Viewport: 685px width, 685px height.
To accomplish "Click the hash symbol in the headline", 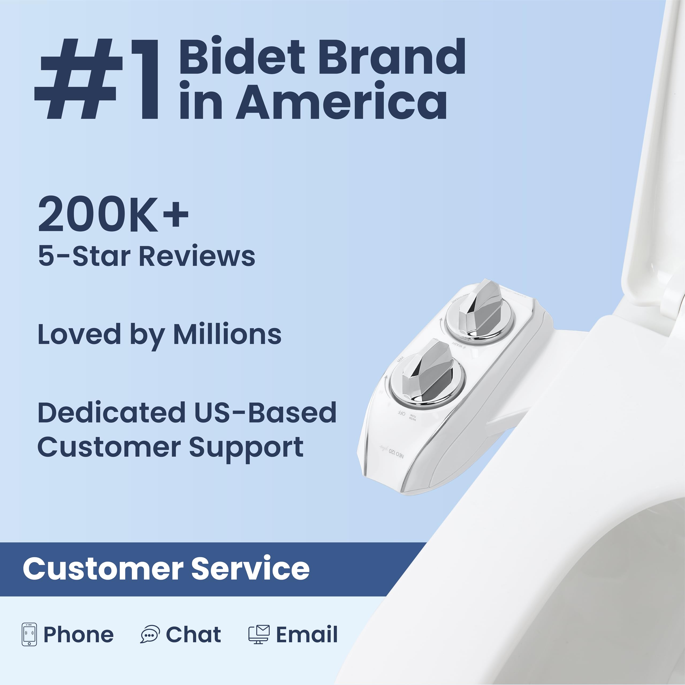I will pyautogui.click(x=78, y=79).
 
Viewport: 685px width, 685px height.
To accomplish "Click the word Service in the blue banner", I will pyautogui.click(x=250, y=569).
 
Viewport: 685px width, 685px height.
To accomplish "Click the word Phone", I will pyautogui.click(x=78, y=634).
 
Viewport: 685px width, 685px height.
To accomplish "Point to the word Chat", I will pyautogui.click(x=193, y=634).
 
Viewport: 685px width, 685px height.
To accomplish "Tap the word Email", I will pyautogui.click(x=307, y=634).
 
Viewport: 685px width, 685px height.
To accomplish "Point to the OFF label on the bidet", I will pyautogui.click(x=401, y=413).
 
